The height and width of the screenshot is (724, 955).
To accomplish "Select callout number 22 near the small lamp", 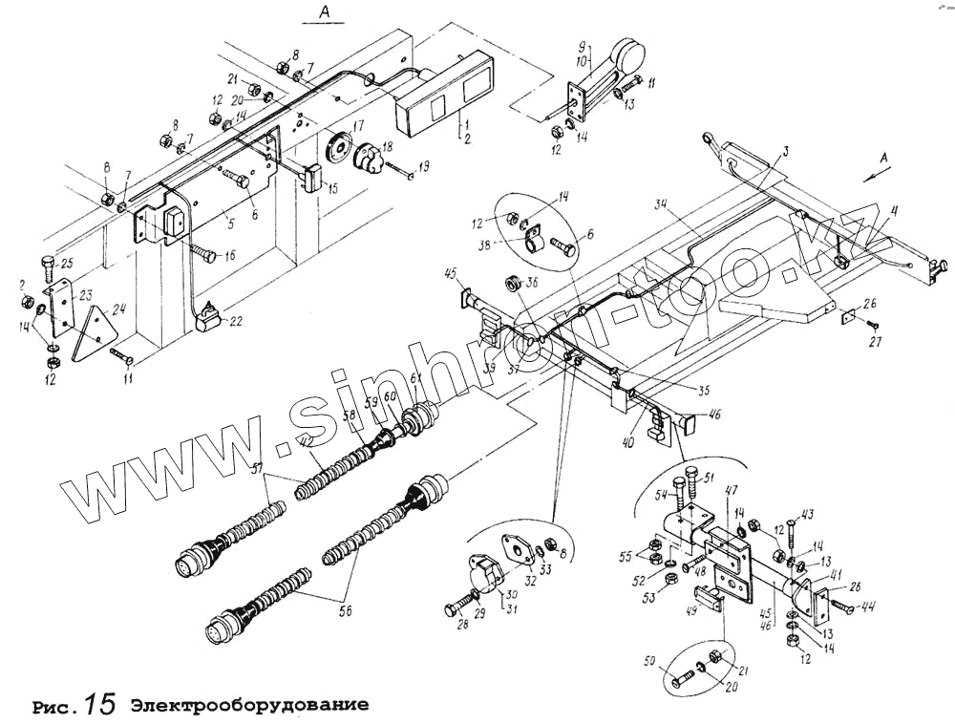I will [236, 321].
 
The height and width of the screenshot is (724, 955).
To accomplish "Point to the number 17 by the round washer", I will [357, 126].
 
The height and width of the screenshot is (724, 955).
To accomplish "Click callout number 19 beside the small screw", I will [424, 165].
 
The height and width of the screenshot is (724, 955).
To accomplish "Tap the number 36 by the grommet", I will [532, 281].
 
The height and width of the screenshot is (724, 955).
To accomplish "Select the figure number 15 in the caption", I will [99, 705].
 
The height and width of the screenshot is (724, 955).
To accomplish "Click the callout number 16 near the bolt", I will [229, 255].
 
